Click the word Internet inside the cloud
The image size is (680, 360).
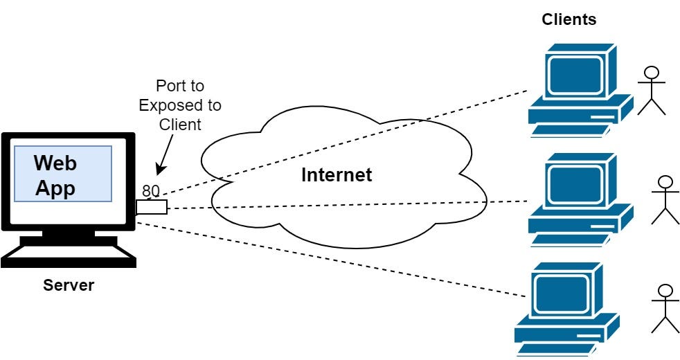336,175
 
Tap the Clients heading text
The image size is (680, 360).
569,19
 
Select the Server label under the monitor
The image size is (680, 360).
68,285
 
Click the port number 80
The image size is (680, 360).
151,190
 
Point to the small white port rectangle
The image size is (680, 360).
152,206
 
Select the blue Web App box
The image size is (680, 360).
63,174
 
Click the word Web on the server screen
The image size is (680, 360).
55,163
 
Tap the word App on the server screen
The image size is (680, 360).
55,188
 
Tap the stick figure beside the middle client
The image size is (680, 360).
665,200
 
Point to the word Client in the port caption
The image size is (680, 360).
180,125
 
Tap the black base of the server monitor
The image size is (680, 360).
67,255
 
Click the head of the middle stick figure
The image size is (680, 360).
665,183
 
